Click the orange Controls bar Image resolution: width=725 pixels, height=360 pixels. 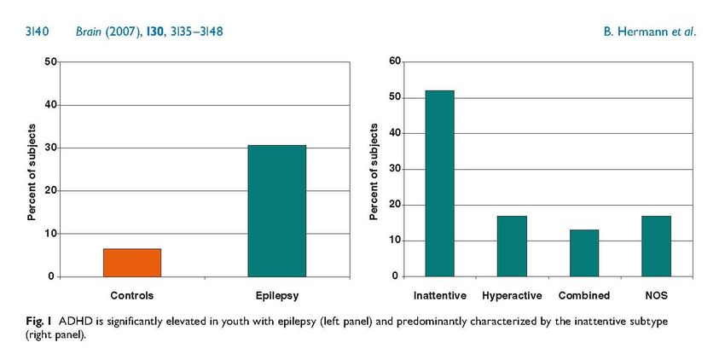coord(132,263)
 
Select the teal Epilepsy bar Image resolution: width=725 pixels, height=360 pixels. coord(276,211)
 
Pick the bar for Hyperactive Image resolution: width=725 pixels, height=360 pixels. coord(512,246)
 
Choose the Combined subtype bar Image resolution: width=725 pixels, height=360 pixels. coord(584,253)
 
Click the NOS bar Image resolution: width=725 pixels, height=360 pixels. coord(656,246)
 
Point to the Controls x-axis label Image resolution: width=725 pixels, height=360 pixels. coord(132,296)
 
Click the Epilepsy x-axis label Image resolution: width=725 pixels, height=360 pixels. coord(276,296)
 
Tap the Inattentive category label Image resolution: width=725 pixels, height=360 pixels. coord(439,296)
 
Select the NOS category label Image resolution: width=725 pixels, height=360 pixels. coord(656,296)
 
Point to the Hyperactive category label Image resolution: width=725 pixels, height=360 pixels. coord(512,296)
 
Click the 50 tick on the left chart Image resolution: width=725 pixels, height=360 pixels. coord(51,62)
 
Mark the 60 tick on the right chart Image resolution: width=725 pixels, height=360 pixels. coord(395,61)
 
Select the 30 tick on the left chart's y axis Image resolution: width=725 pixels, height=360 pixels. coord(51,148)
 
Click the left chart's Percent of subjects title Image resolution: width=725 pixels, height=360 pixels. coord(32,170)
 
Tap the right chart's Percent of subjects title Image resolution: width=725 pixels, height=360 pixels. coord(374,170)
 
